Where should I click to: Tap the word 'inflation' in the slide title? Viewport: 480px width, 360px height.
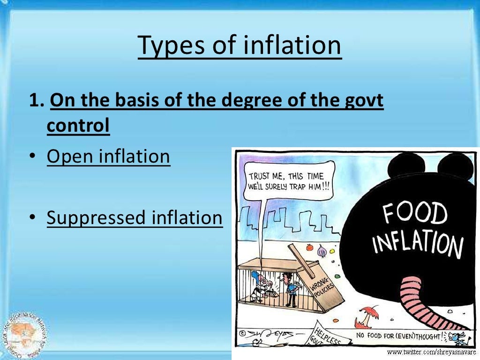click(292, 45)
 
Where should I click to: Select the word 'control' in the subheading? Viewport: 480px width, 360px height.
click(78, 126)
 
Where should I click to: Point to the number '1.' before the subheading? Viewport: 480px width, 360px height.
click(37, 101)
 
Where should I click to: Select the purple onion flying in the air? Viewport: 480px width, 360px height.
click(322, 252)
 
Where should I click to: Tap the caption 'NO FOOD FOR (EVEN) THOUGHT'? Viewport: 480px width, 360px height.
click(399, 336)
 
